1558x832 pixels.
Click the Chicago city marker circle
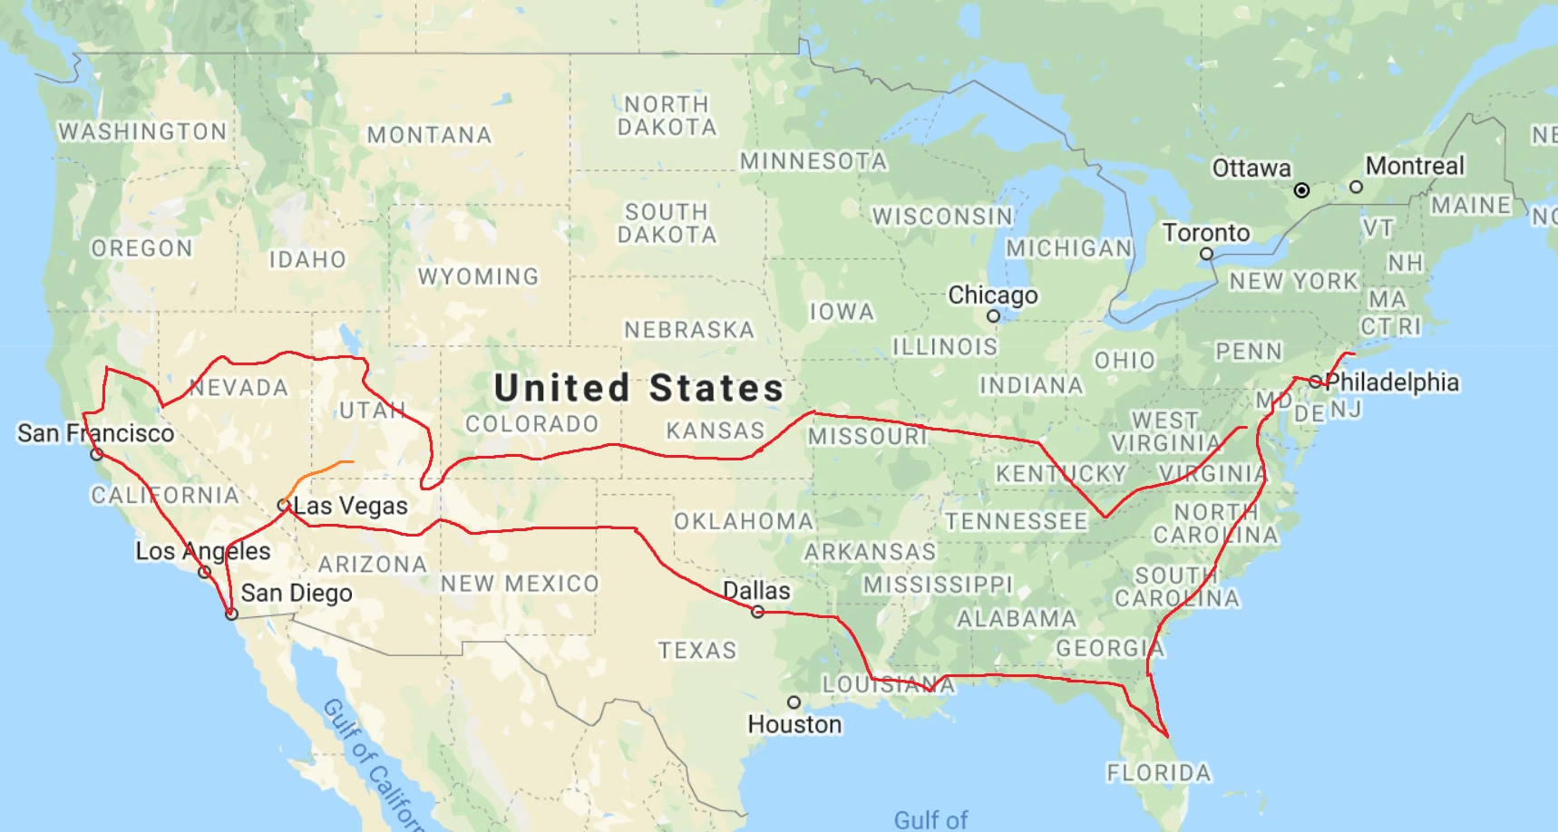click(x=993, y=316)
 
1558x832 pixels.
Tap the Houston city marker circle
click(x=794, y=702)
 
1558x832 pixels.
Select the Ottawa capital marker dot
click(x=1301, y=190)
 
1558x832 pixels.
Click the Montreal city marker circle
click(x=1356, y=187)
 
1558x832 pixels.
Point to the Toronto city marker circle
click(x=1206, y=255)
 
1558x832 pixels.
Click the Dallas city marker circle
click(x=757, y=612)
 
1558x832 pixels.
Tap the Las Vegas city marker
click(x=284, y=505)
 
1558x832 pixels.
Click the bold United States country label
click(x=638, y=388)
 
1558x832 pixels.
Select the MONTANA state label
click(x=429, y=135)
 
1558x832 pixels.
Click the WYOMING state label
click(x=478, y=276)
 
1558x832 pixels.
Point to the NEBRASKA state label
click(x=689, y=330)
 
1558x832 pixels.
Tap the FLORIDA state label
click(x=1158, y=773)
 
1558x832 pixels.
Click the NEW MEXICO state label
click(x=520, y=584)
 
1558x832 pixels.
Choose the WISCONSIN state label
click(x=942, y=217)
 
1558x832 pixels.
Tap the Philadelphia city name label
click(x=1392, y=382)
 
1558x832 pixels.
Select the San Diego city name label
click(x=297, y=594)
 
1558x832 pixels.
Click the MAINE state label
click(x=1471, y=206)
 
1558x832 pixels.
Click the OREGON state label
click(x=141, y=248)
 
